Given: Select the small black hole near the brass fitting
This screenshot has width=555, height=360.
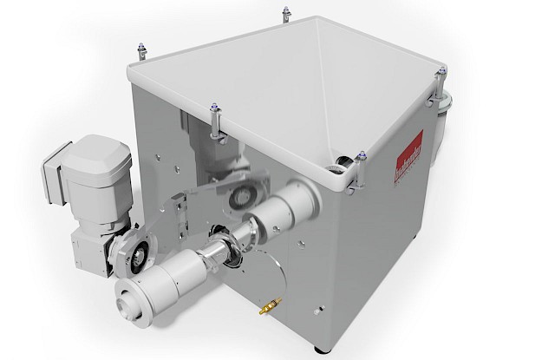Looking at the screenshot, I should click(319, 310).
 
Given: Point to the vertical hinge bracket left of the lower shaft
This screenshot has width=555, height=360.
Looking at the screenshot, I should click(180, 213).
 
